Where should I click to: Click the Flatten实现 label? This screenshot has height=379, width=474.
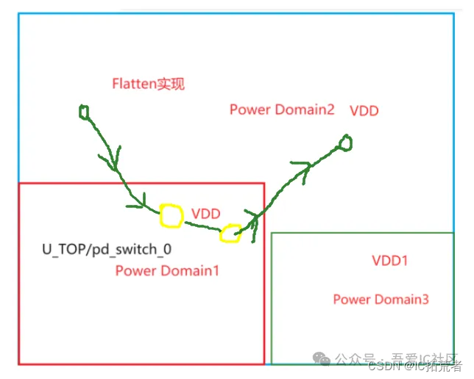click(x=148, y=84)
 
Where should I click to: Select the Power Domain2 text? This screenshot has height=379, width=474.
click(x=282, y=109)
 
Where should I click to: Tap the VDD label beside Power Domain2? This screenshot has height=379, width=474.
click(x=365, y=111)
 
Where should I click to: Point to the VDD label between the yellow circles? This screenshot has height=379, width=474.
click(x=206, y=214)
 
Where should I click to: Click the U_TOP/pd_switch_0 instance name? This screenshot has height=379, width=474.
click(x=107, y=249)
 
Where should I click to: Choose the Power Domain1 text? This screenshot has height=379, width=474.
click(x=167, y=271)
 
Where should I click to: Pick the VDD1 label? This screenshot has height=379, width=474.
click(x=390, y=261)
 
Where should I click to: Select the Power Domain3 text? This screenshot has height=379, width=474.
click(x=381, y=299)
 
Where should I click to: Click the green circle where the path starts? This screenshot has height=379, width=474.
click(x=84, y=112)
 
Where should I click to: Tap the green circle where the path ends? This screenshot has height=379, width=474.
click(x=344, y=142)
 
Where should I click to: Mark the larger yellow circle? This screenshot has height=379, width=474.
click(x=171, y=216)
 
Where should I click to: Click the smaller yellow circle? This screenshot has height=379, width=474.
click(x=230, y=234)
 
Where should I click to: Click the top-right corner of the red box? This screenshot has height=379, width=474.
click(x=263, y=184)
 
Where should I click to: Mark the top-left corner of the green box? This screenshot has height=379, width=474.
click(x=272, y=234)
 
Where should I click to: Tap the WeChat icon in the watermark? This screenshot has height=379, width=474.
click(x=322, y=358)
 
